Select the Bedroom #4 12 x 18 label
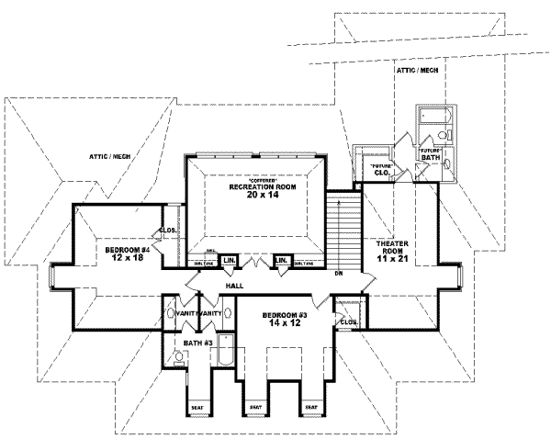coord(126,253)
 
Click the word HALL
coord(233,287)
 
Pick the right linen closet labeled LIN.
coord(284,261)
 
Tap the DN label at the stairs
coord(339,273)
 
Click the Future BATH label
coord(430,154)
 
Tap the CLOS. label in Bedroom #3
coord(347,322)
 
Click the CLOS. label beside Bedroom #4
coord(168,231)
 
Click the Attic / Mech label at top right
coord(416,70)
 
